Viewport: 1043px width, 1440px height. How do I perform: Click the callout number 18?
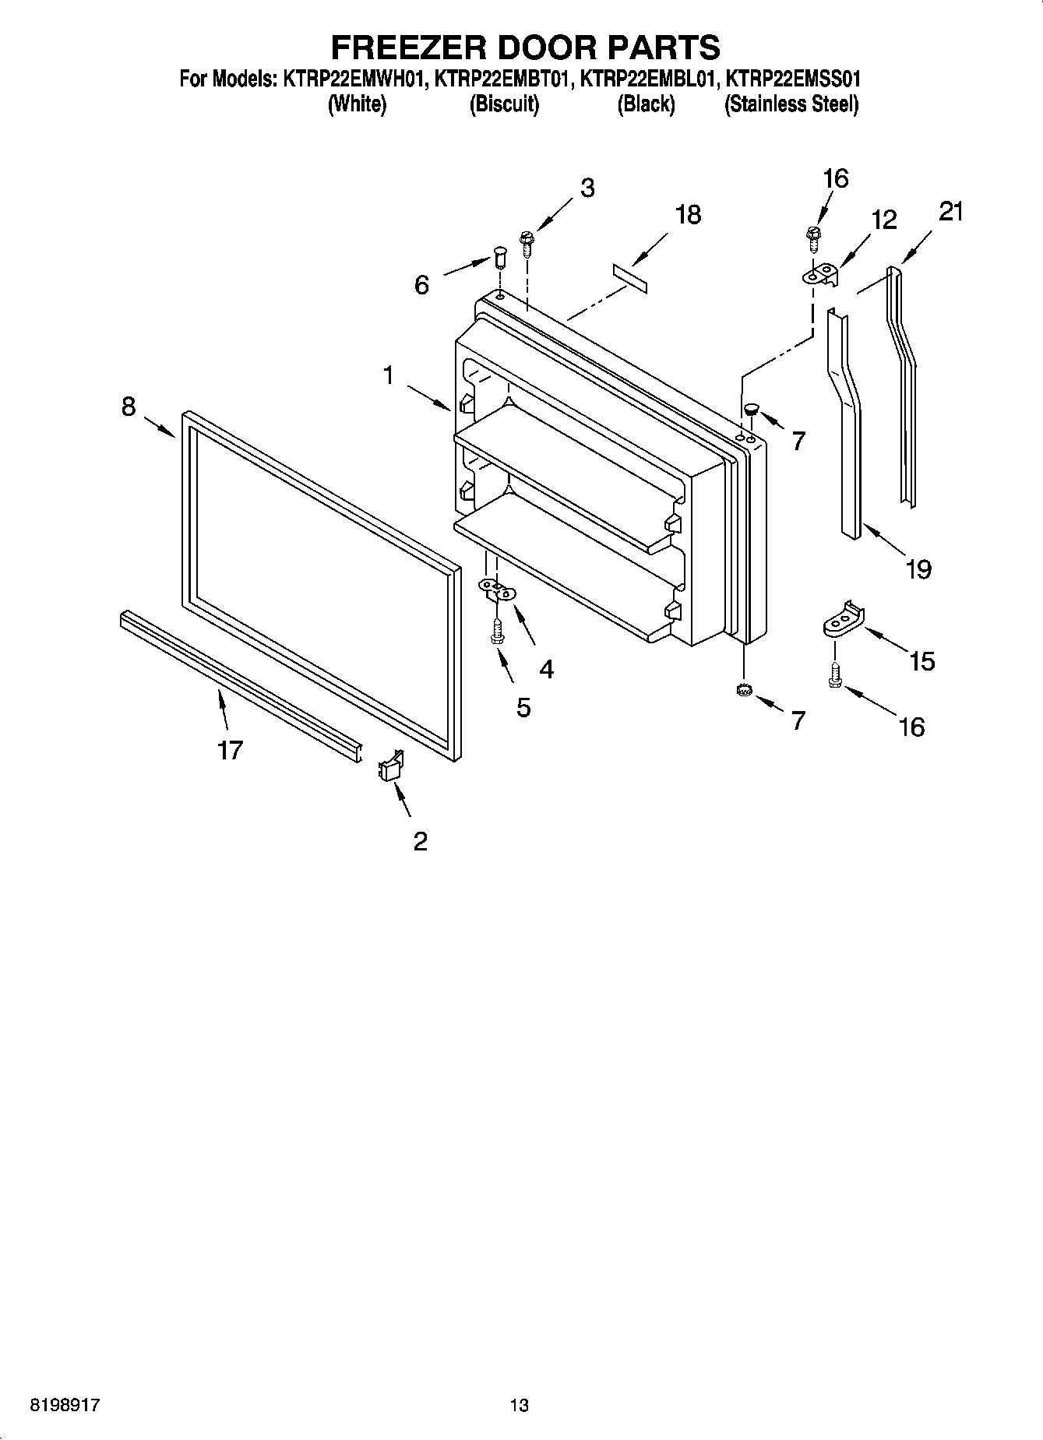[688, 214]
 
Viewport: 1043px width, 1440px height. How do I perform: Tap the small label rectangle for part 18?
[629, 278]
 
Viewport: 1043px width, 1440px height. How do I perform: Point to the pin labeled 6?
[499, 256]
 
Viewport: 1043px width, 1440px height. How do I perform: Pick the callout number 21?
[950, 211]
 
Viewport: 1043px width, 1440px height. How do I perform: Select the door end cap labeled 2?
[390, 766]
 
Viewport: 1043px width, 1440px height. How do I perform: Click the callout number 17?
[231, 750]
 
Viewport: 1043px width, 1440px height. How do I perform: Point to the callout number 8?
[129, 406]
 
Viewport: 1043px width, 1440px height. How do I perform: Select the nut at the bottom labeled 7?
[742, 689]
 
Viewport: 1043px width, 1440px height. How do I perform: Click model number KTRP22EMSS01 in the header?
[793, 79]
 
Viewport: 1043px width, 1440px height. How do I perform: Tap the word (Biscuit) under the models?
[504, 104]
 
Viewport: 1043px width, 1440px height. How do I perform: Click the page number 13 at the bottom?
[519, 1405]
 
